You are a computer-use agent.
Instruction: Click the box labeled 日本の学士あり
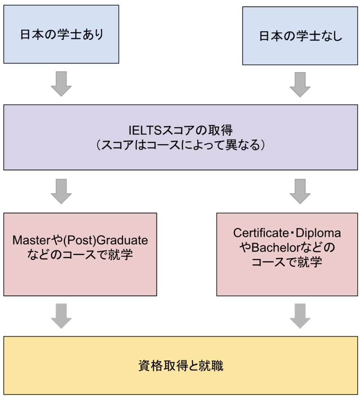tap(61, 34)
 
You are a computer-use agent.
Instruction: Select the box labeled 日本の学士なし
tap(300, 36)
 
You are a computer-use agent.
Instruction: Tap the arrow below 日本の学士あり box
tap(61, 84)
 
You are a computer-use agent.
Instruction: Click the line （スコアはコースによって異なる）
tap(180, 145)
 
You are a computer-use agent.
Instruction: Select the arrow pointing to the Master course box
tap(61, 191)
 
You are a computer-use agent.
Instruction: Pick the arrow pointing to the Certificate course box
tap(300, 191)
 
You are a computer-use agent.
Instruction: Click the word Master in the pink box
tap(30, 240)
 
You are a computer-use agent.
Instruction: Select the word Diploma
tap(318, 233)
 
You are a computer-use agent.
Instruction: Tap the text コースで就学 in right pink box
tap(287, 262)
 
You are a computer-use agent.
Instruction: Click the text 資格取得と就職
tap(180, 366)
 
